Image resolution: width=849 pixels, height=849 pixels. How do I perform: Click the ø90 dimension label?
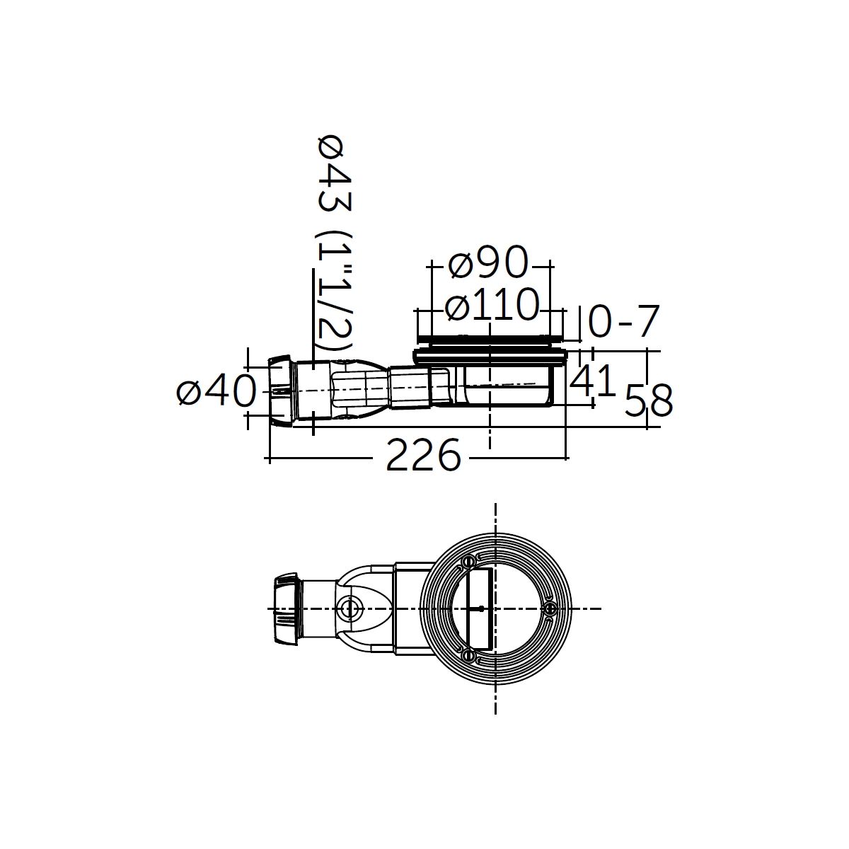487,262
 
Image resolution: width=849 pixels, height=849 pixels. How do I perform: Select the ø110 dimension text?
492,304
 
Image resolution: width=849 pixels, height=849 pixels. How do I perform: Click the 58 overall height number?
649,400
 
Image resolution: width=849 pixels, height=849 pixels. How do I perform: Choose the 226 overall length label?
423,455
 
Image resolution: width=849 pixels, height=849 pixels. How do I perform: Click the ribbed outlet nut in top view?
287,609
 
